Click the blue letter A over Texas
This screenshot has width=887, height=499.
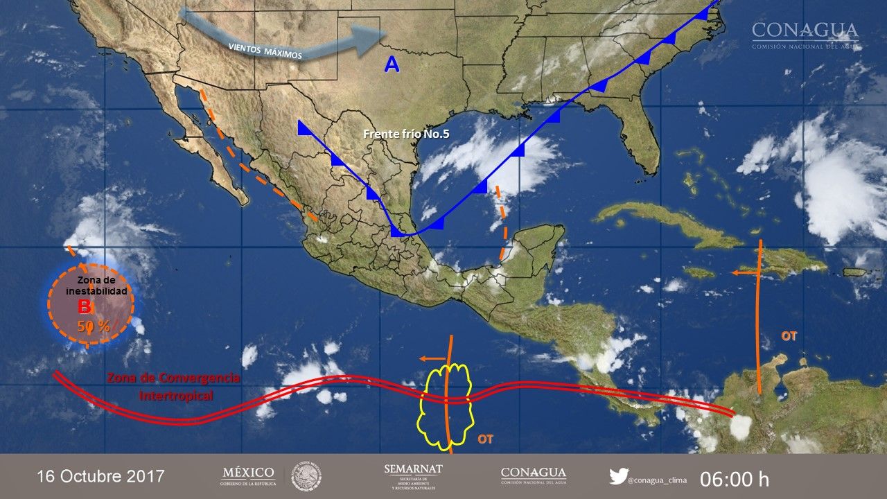point(392,64)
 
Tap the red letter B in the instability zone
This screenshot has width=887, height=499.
point(84,306)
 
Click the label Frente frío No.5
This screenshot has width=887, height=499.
point(406,134)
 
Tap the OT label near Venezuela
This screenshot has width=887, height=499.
point(789,336)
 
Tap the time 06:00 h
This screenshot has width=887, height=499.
point(735,479)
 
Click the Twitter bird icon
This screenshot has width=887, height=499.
point(618,476)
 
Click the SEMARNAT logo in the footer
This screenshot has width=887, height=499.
point(413,476)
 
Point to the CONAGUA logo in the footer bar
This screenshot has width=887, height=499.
point(533,476)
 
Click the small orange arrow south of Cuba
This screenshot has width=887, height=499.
point(745,273)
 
